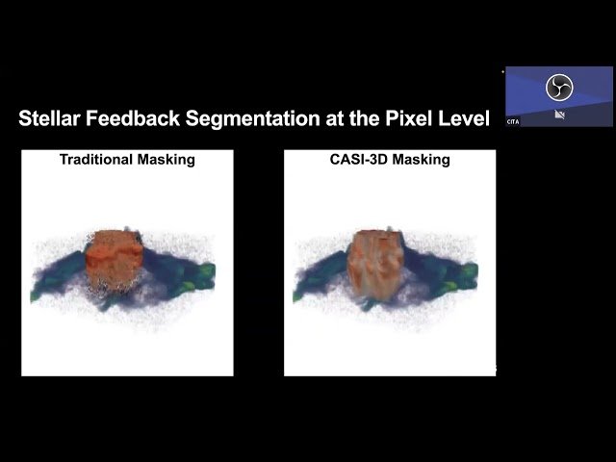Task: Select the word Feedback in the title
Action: tap(135, 119)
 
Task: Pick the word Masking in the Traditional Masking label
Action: tap(167, 160)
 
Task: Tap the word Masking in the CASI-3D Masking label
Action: tap(422, 160)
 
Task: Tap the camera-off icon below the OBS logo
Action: tap(558, 115)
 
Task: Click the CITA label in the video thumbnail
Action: tap(514, 122)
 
